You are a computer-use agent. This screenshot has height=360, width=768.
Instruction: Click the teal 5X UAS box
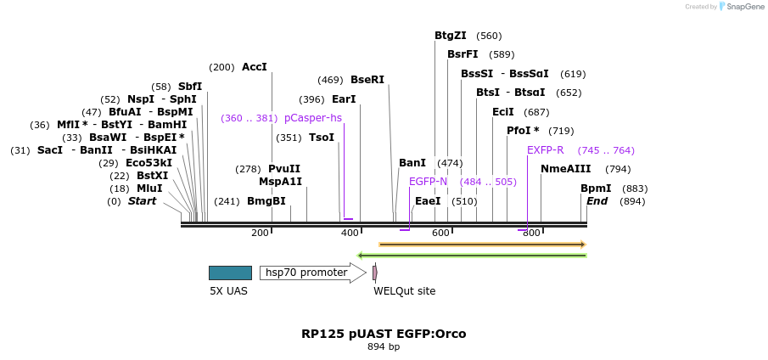tap(230, 273)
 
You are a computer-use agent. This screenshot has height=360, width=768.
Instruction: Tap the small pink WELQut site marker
tap(374, 273)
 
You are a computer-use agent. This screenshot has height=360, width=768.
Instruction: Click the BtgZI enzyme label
tap(450, 36)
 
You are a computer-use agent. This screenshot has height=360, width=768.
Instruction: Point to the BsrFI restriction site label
tap(462, 54)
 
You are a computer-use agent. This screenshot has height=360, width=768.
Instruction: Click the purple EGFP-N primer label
tap(428, 182)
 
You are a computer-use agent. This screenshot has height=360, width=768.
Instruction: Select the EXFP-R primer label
tap(545, 150)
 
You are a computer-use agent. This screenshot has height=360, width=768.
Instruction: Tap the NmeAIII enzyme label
tap(565, 169)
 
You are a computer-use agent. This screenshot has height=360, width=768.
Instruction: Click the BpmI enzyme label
tap(596, 188)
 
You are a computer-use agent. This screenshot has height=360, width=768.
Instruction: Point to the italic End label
tap(597, 201)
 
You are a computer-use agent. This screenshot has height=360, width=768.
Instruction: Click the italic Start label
tap(142, 201)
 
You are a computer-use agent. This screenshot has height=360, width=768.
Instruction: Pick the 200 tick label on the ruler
tap(260, 233)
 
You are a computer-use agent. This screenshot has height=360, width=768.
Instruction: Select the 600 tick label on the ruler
tap(440, 233)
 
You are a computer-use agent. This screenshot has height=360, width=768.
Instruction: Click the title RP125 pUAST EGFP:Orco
tap(384, 334)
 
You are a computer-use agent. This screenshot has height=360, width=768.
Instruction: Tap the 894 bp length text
tap(384, 347)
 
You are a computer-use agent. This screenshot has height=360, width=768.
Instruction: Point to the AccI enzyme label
tap(254, 67)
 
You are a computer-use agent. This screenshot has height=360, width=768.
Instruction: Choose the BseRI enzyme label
tap(367, 80)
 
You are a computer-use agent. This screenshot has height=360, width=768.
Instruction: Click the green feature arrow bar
tap(472, 255)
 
